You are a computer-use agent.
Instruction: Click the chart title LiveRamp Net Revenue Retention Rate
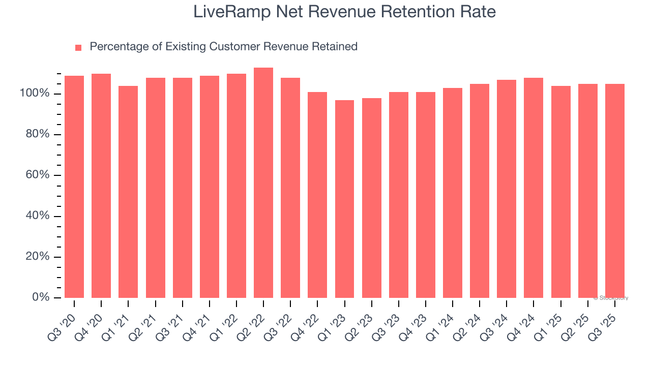344,12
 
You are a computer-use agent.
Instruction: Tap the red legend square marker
78,47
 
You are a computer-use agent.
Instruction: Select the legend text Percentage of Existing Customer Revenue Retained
223,47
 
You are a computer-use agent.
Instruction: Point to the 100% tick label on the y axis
35,94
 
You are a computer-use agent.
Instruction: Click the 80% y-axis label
37,134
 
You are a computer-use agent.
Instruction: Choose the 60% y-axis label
37,175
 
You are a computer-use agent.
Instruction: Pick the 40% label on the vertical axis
37,216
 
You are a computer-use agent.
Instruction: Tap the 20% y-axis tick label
37,257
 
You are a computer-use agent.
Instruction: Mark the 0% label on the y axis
40,297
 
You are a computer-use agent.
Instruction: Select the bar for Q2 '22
263,183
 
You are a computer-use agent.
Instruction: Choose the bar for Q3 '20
74,187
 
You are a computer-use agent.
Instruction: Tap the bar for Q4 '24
534,188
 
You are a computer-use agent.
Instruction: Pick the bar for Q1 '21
128,192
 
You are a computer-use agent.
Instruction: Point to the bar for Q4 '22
317,195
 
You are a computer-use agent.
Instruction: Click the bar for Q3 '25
614,191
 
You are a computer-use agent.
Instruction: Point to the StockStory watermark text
611,298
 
